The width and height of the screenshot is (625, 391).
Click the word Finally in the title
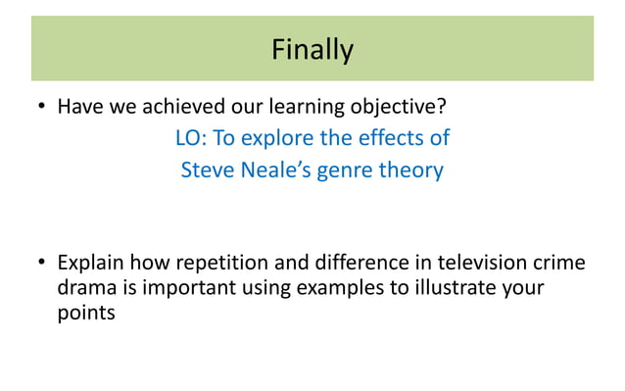click(312, 49)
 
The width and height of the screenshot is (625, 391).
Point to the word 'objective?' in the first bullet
click(403, 106)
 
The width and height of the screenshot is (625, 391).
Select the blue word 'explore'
click(281, 138)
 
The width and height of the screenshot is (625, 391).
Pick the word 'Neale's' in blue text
click(275, 171)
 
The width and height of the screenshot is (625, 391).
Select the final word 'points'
click(86, 316)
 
